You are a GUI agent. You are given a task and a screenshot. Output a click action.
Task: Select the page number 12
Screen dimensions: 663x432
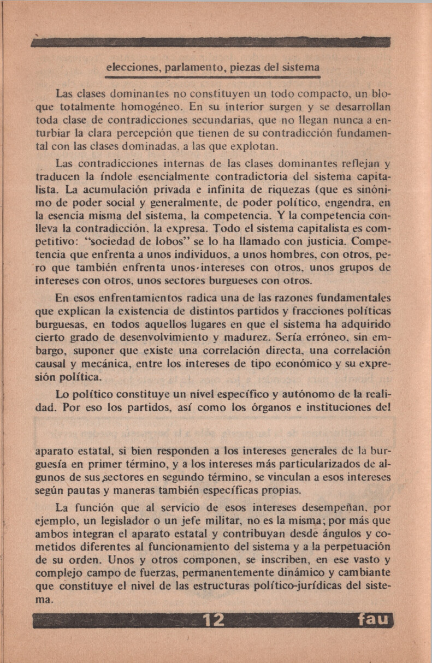coord(214,620)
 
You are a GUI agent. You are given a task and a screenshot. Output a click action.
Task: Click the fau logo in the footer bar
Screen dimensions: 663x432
coord(374,620)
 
